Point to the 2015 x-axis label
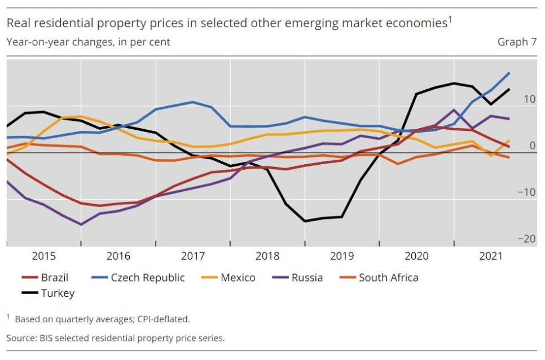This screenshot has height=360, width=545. tap(44, 256)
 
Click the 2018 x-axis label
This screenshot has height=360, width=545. tap(267, 256)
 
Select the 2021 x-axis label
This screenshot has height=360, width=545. tap(491, 256)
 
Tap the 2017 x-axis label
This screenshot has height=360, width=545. tap(193, 256)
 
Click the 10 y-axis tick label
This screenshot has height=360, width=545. tap(529, 99)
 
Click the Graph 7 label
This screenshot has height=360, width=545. tap(517, 42)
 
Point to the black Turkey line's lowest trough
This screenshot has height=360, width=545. tap(305, 221)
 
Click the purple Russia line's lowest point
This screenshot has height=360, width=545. tap(81, 225)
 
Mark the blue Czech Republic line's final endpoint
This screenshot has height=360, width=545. tap(509, 73)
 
